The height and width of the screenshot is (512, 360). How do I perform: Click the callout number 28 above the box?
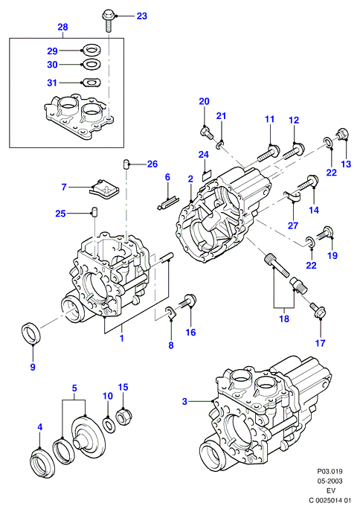tap(62, 27)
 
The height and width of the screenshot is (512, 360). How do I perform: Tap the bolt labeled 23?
tap(109, 21)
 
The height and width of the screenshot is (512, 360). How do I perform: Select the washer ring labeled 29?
tap(89, 51)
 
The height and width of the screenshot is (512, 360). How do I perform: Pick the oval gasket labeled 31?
tap(91, 83)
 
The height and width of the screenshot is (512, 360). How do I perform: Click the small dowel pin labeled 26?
tap(126, 164)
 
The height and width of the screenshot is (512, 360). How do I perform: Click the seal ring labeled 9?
tap(31, 333)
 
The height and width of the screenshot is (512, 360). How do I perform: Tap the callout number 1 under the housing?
tap(122, 338)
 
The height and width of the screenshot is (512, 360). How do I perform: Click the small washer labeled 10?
tap(109, 424)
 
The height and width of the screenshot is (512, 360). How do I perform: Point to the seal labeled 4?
tap(42, 461)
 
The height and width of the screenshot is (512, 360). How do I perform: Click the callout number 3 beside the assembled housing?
tap(184, 401)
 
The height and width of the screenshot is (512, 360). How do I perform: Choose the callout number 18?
tap(284, 319)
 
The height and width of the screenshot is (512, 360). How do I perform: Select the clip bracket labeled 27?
tap(292, 196)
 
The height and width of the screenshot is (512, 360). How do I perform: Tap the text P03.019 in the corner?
tap(330, 471)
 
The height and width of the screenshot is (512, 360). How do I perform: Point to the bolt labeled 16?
tap(187, 301)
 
